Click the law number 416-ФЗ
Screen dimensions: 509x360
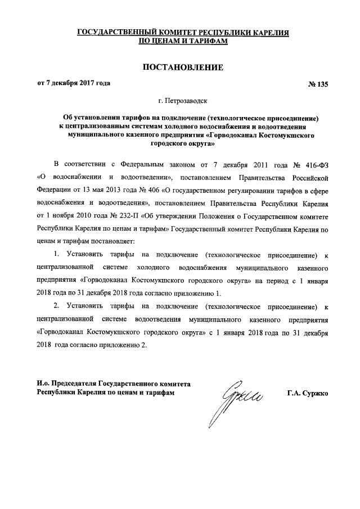319,164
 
